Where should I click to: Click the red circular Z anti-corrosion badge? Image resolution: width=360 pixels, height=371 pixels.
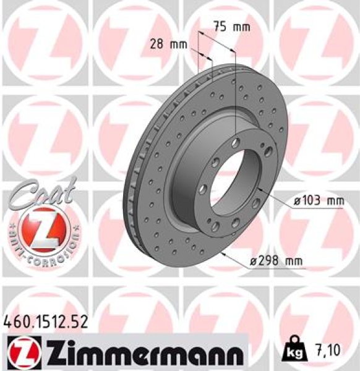pos(43,228)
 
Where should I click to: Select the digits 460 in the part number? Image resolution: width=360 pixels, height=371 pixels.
pos(15,321)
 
